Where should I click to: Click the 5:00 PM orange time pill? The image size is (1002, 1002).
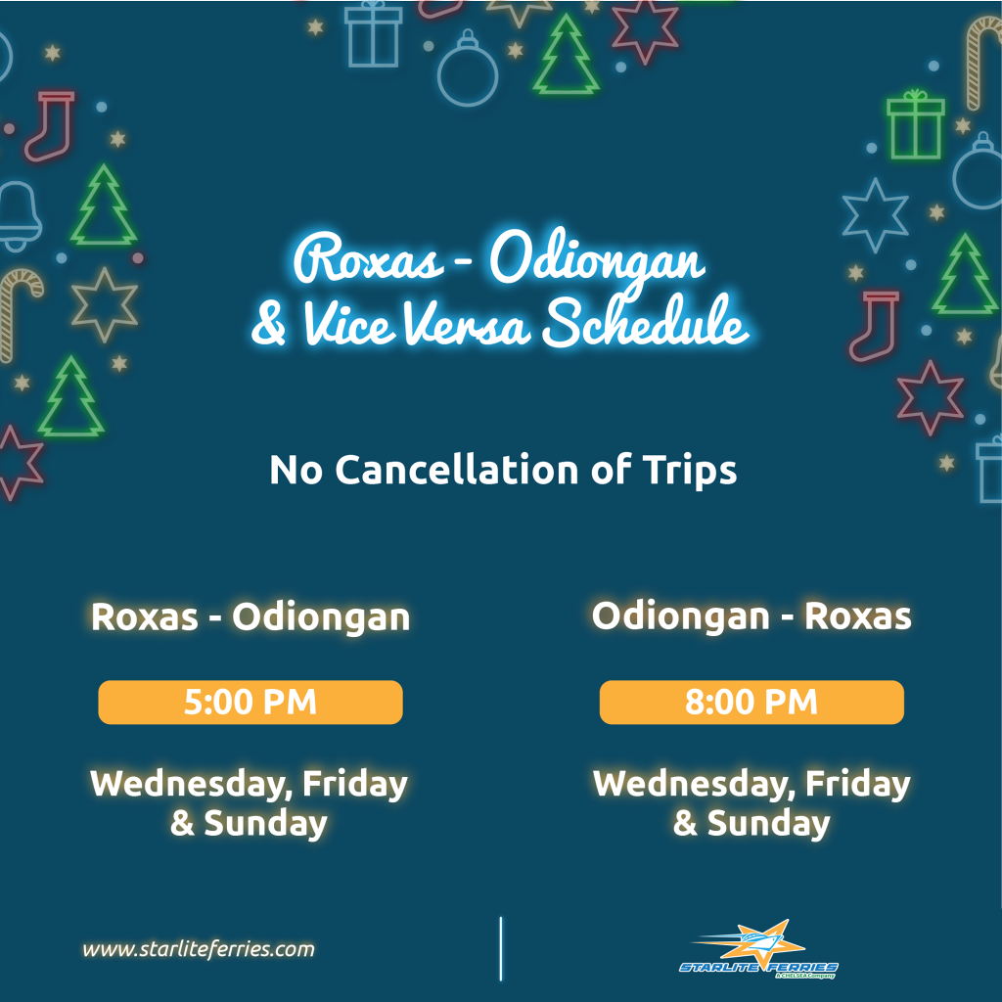(x=250, y=702)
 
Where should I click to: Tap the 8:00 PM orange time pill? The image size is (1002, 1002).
(x=751, y=702)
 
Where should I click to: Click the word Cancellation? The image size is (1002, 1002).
(x=457, y=470)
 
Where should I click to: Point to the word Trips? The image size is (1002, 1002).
(x=690, y=471)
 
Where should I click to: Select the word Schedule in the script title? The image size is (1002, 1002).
(x=646, y=321)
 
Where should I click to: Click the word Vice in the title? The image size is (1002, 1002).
(x=346, y=323)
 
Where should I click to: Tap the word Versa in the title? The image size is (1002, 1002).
(x=467, y=323)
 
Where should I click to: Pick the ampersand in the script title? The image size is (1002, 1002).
(x=268, y=324)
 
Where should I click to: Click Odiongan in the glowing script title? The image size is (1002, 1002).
(x=598, y=262)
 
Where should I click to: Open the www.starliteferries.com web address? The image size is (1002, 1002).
(x=199, y=949)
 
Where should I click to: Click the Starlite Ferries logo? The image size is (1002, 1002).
(x=758, y=949)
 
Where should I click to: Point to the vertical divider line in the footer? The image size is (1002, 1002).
(x=501, y=949)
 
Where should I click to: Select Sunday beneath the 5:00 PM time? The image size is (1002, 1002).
(x=265, y=824)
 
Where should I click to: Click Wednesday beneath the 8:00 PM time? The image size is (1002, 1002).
(x=694, y=784)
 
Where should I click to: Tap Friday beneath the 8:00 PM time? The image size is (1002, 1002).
(x=857, y=784)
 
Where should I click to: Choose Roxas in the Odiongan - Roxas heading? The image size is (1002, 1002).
(x=857, y=616)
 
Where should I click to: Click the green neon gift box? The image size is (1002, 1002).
(x=915, y=124)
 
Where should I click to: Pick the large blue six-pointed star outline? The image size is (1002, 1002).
(x=874, y=214)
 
